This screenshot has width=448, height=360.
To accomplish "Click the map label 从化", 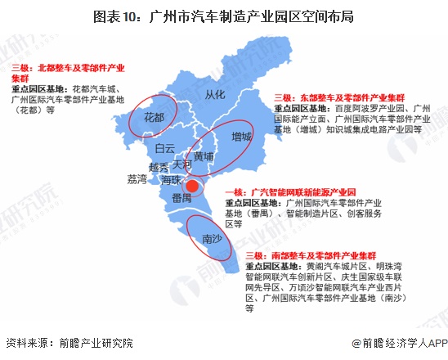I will tap(216, 94).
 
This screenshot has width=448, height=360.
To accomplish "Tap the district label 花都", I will tap(154, 118).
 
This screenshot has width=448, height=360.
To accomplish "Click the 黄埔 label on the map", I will tap(203, 155).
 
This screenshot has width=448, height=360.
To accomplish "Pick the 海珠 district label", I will tap(171, 178).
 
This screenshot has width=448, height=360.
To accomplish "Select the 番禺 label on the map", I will tap(181, 197).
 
